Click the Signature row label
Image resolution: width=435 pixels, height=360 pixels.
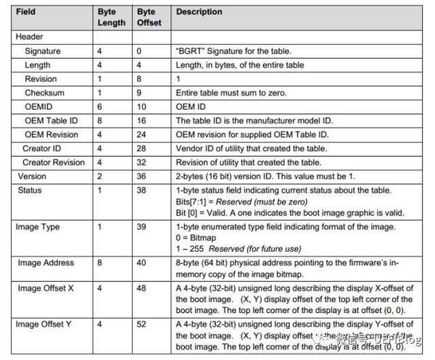43,52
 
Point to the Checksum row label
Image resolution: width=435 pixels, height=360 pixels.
45,94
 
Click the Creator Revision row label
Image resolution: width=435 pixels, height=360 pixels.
54,162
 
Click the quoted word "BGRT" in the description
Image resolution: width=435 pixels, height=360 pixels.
191,52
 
